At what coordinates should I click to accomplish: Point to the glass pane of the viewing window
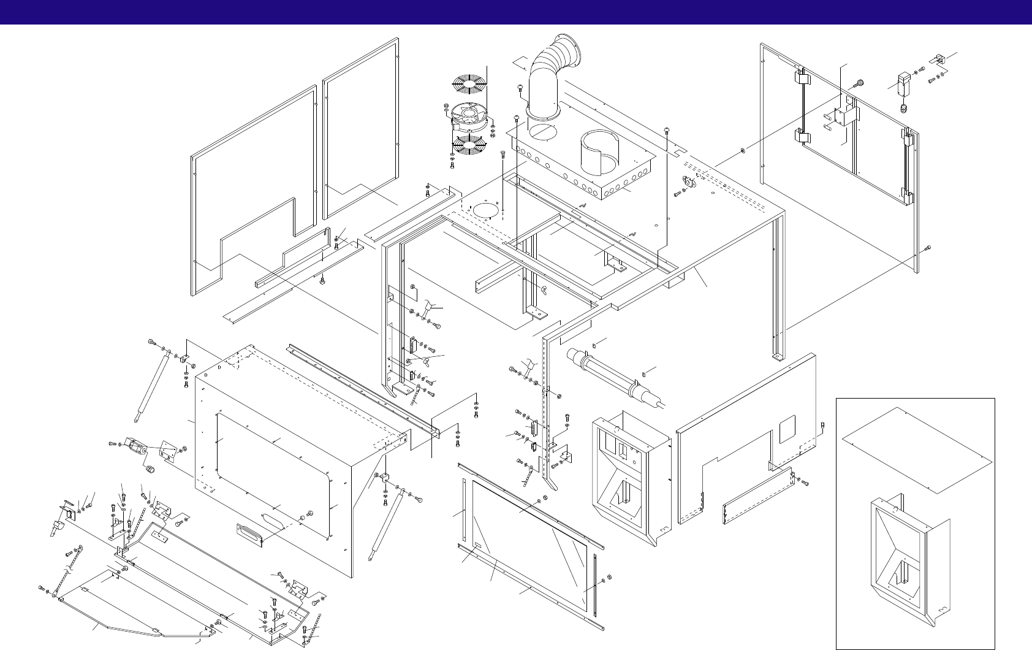tap(527, 540)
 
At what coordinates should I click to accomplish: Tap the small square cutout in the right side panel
tap(786, 429)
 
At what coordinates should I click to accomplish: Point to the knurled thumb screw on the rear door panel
tap(859, 83)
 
